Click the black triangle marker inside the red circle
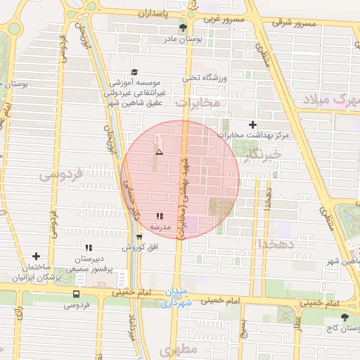click(159, 152)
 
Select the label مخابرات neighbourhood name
click(198, 103)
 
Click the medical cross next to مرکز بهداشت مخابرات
click(252, 124)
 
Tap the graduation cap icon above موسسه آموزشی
click(134, 72)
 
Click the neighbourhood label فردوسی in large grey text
click(61, 172)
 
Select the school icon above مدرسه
click(160, 217)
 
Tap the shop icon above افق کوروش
click(139, 237)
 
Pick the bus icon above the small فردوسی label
click(76, 295)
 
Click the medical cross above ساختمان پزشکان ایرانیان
click(36, 257)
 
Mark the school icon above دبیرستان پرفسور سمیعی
click(89, 247)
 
